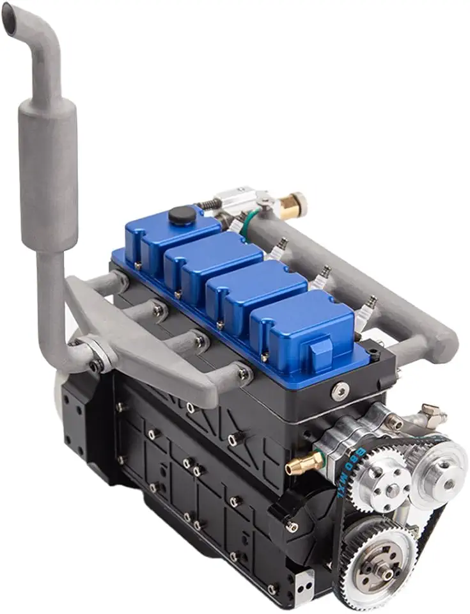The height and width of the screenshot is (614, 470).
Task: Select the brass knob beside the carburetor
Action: pyautogui.click(x=296, y=205)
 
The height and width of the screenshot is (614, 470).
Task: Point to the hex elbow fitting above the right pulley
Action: pyautogui.click(x=432, y=415)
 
